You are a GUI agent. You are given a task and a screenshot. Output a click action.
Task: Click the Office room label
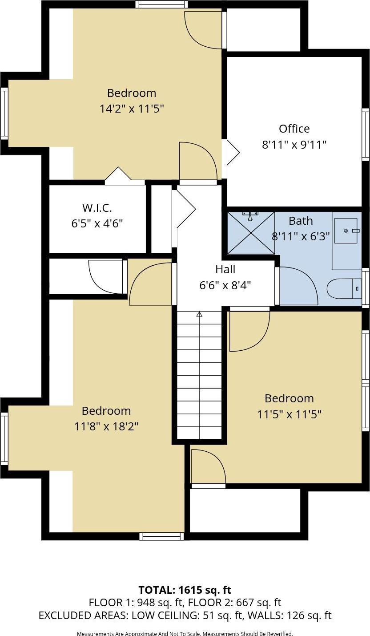294,129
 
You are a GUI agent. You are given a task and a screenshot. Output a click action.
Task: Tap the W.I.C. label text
97,207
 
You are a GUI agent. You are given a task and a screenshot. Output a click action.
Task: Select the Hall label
225,269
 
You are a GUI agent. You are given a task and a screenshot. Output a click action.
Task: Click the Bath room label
301,221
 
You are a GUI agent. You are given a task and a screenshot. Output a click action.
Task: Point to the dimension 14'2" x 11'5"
132,109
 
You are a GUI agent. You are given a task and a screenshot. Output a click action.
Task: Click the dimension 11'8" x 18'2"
106,426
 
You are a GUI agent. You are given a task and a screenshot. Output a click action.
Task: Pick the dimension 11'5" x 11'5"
289,414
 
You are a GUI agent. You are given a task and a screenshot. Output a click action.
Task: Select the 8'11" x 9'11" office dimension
294,145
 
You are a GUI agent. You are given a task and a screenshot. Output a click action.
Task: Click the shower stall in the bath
251,233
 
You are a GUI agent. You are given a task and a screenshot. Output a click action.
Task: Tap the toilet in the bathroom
344,288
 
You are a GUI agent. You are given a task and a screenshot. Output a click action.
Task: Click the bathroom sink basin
346,231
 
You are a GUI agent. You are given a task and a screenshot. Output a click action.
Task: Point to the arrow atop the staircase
199,314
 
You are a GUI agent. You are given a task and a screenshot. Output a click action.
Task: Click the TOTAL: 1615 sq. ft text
185,590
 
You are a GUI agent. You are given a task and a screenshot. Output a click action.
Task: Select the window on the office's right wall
365,134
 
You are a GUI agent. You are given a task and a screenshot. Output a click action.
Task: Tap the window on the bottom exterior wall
161,536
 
